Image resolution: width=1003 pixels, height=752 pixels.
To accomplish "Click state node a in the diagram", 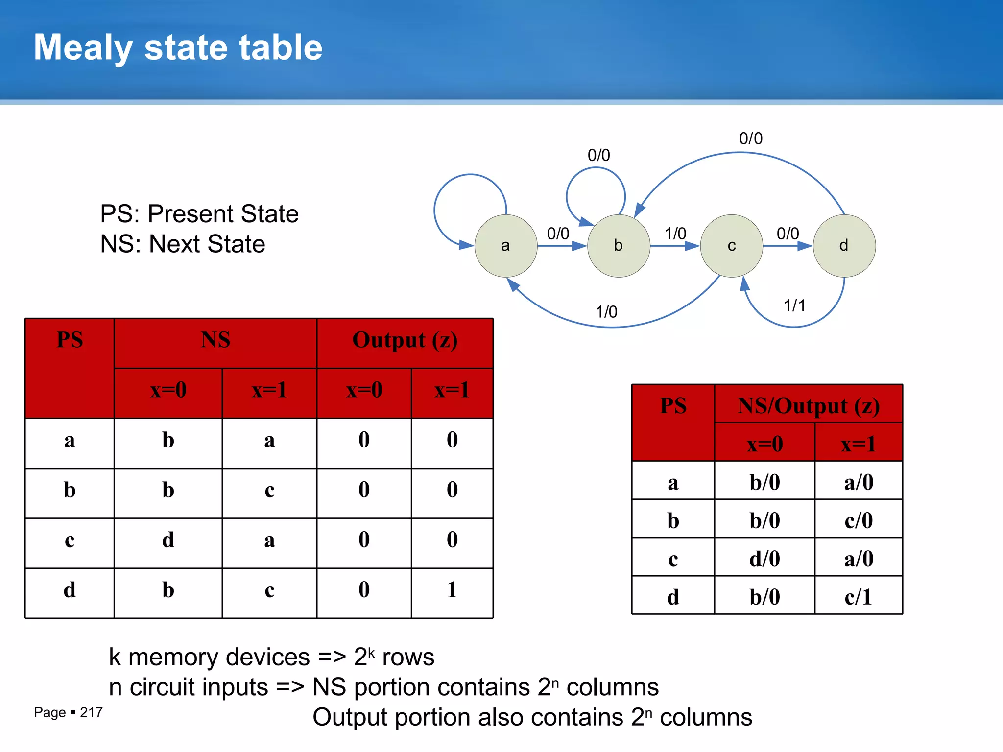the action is (x=506, y=246).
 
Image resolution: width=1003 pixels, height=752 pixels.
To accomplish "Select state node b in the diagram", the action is (x=619, y=246).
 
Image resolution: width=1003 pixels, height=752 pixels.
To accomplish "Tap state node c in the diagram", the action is (x=732, y=246).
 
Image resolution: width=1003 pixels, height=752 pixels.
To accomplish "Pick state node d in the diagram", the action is (x=844, y=246).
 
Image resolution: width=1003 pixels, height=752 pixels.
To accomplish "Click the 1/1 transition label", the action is (x=794, y=306).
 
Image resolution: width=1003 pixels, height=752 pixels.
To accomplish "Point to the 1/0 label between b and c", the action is (x=675, y=234).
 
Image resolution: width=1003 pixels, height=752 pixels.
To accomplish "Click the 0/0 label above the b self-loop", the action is (x=598, y=156).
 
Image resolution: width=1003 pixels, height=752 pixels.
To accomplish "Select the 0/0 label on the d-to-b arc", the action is (x=750, y=139).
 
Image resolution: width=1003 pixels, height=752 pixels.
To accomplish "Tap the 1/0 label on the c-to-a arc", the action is (x=606, y=312).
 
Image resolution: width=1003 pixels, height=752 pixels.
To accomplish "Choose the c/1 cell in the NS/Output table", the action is (x=858, y=597).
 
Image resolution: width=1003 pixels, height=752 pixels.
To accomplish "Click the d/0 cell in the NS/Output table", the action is (x=764, y=559).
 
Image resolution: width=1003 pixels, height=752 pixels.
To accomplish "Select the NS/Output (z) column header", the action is (x=808, y=406).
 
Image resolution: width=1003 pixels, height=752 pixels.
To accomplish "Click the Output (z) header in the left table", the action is (x=405, y=340).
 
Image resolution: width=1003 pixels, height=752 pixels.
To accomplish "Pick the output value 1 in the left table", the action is (x=452, y=590).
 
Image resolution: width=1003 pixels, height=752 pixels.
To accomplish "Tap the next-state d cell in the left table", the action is (x=168, y=540).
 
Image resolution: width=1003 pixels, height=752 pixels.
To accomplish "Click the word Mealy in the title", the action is (x=83, y=48).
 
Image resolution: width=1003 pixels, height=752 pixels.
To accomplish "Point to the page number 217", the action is (x=91, y=712).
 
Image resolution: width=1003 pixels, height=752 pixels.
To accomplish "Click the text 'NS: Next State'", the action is (x=183, y=244).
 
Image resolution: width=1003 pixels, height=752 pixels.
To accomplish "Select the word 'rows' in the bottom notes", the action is (x=408, y=657).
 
